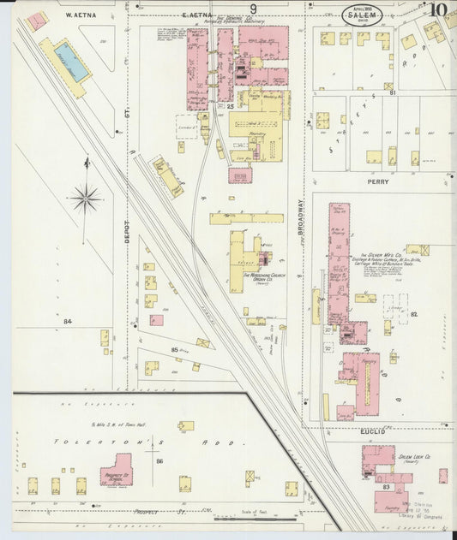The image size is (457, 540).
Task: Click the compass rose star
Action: tap(86, 200)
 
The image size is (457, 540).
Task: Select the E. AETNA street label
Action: tap(197, 15)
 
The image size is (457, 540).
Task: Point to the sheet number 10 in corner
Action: tap(438, 10)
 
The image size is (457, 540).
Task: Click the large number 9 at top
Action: tap(253, 9)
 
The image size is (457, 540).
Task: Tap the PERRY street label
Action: tap(378, 181)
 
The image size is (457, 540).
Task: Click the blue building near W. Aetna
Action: tap(69, 61)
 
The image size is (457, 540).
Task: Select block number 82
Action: tap(412, 315)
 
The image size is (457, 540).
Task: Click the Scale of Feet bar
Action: tap(255, 517)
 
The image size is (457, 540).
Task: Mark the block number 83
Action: tap(387, 486)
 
